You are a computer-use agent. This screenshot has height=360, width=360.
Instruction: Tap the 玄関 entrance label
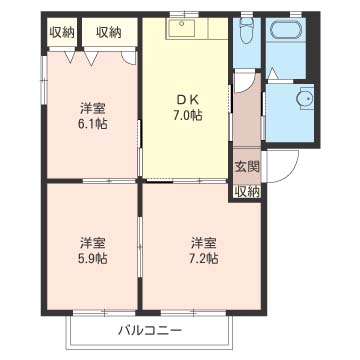pyautogui.click(x=246, y=167)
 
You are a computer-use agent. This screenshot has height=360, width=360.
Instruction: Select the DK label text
pyautogui.click(x=185, y=98)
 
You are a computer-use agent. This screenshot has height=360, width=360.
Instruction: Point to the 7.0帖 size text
pyautogui.click(x=185, y=115)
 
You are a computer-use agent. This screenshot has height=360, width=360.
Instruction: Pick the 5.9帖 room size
pyautogui.click(x=93, y=259)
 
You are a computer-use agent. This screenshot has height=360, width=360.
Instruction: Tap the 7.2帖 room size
pyautogui.click(x=203, y=259)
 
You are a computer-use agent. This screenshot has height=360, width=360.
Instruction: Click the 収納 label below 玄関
pyautogui.click(x=246, y=190)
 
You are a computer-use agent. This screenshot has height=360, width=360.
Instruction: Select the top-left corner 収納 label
pyautogui.click(x=61, y=32)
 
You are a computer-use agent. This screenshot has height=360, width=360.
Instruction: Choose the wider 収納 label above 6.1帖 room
pyautogui.click(x=109, y=32)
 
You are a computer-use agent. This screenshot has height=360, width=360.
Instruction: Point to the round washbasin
pyautogui.click(x=305, y=97)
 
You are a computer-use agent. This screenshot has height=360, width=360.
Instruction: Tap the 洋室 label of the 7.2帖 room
pyautogui.click(x=203, y=242)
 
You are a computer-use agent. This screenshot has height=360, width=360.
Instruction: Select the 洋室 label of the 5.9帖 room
pyautogui.click(x=93, y=242)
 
